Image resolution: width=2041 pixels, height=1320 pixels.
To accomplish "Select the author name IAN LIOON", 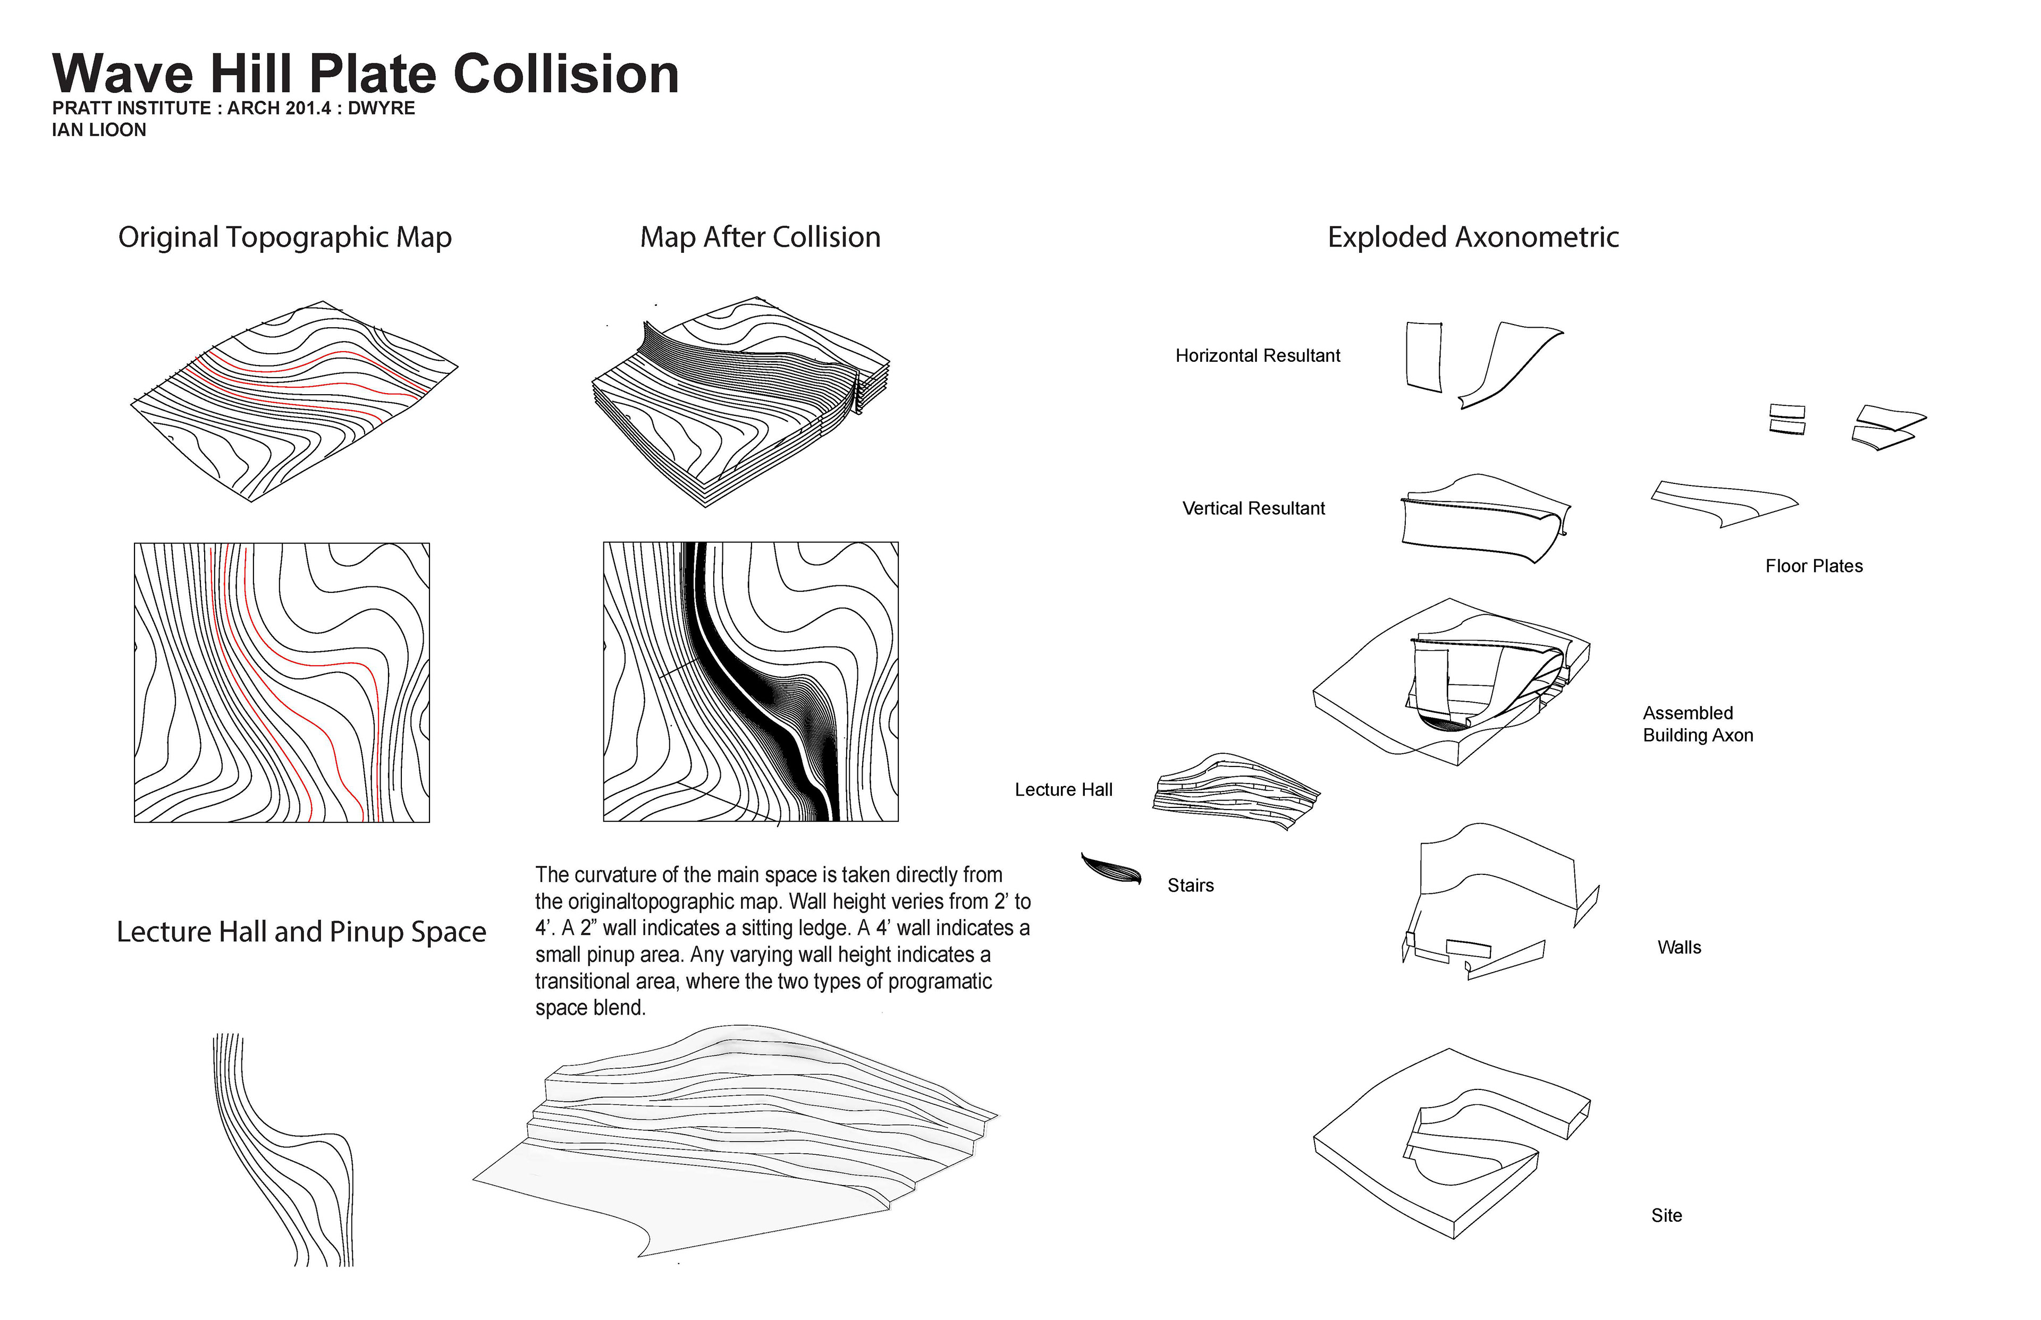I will click(x=99, y=130).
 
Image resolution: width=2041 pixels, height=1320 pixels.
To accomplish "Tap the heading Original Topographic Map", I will click(x=285, y=237).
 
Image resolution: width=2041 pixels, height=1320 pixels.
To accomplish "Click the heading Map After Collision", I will click(x=760, y=237).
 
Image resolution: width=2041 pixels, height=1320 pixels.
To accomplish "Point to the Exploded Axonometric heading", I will click(x=1472, y=237).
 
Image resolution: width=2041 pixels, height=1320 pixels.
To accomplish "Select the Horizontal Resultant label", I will click(x=1257, y=356).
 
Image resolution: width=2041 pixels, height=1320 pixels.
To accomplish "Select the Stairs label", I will click(x=1190, y=885).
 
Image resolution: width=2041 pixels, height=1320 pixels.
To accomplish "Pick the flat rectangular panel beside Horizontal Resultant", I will click(x=1423, y=356).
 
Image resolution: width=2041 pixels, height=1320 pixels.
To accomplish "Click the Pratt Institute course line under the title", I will click(x=233, y=108).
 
